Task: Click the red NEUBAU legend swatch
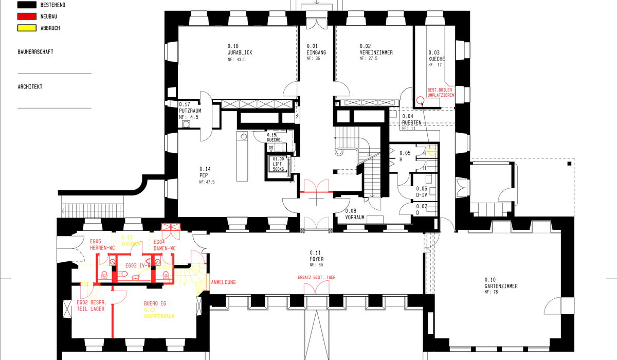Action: pos(27,16)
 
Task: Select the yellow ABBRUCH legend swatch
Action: pos(27,28)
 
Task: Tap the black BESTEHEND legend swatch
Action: pos(27,5)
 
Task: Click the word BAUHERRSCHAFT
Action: pos(35,52)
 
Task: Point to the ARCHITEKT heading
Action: pos(30,87)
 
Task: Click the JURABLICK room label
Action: pos(240,53)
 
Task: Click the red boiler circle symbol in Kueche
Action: pos(420,100)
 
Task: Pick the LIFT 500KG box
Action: pos(278,164)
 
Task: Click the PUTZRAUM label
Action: pos(190,111)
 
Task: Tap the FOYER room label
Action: pos(317,259)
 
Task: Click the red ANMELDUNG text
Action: pos(224,282)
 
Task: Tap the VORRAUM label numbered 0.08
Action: pos(355,217)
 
